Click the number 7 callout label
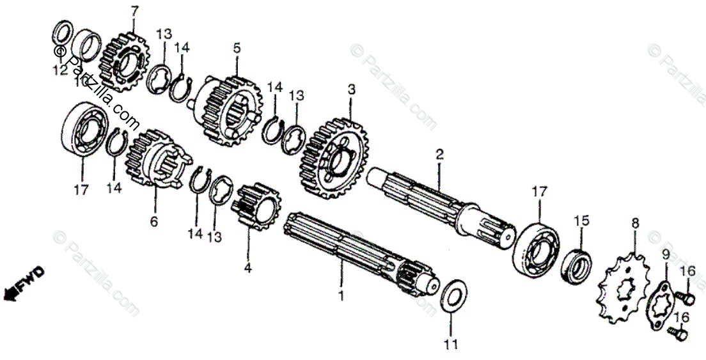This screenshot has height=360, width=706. pyautogui.click(x=134, y=11)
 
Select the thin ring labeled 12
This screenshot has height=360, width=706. pyautogui.click(x=62, y=32)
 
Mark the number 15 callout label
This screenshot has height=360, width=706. pyautogui.click(x=581, y=221)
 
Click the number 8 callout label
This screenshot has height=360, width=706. pyautogui.click(x=634, y=223)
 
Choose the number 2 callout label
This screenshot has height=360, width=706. pyautogui.click(x=439, y=154)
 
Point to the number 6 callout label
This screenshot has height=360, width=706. pyautogui.click(x=153, y=221)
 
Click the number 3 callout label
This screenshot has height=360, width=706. pyautogui.click(x=350, y=90)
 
